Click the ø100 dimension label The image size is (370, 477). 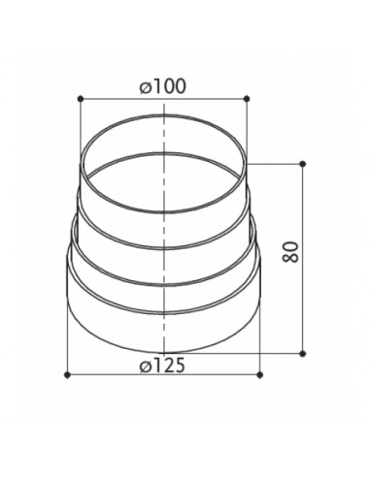coord(163,86)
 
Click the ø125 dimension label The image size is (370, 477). coord(162,366)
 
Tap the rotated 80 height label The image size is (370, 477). coord(290,252)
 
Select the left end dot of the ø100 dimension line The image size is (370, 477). coord(81,99)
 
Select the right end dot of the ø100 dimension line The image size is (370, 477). coord(247,99)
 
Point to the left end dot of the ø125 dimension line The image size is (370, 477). coord(67,375)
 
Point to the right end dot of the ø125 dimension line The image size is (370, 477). coord(260,375)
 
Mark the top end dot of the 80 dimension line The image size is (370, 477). coord(303,164)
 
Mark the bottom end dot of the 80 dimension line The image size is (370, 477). coord(303,354)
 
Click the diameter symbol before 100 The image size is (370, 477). coord(146,87)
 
